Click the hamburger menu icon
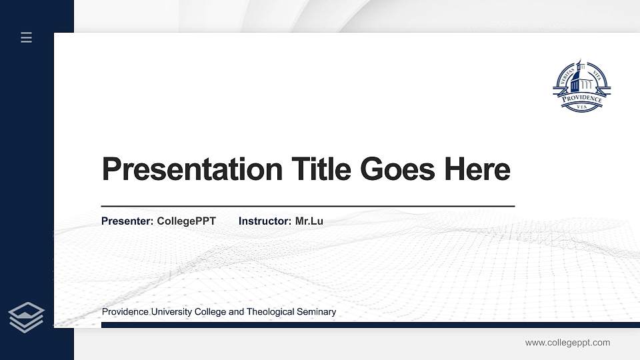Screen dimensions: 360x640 27,37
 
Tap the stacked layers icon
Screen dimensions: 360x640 27,317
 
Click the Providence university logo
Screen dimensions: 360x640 581,86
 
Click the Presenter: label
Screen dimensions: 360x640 127,221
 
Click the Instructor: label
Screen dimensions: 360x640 265,221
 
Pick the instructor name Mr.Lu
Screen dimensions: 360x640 309,221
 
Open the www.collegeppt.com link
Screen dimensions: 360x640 567,343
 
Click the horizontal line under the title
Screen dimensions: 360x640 307,207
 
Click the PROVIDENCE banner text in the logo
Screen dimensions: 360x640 581,99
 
